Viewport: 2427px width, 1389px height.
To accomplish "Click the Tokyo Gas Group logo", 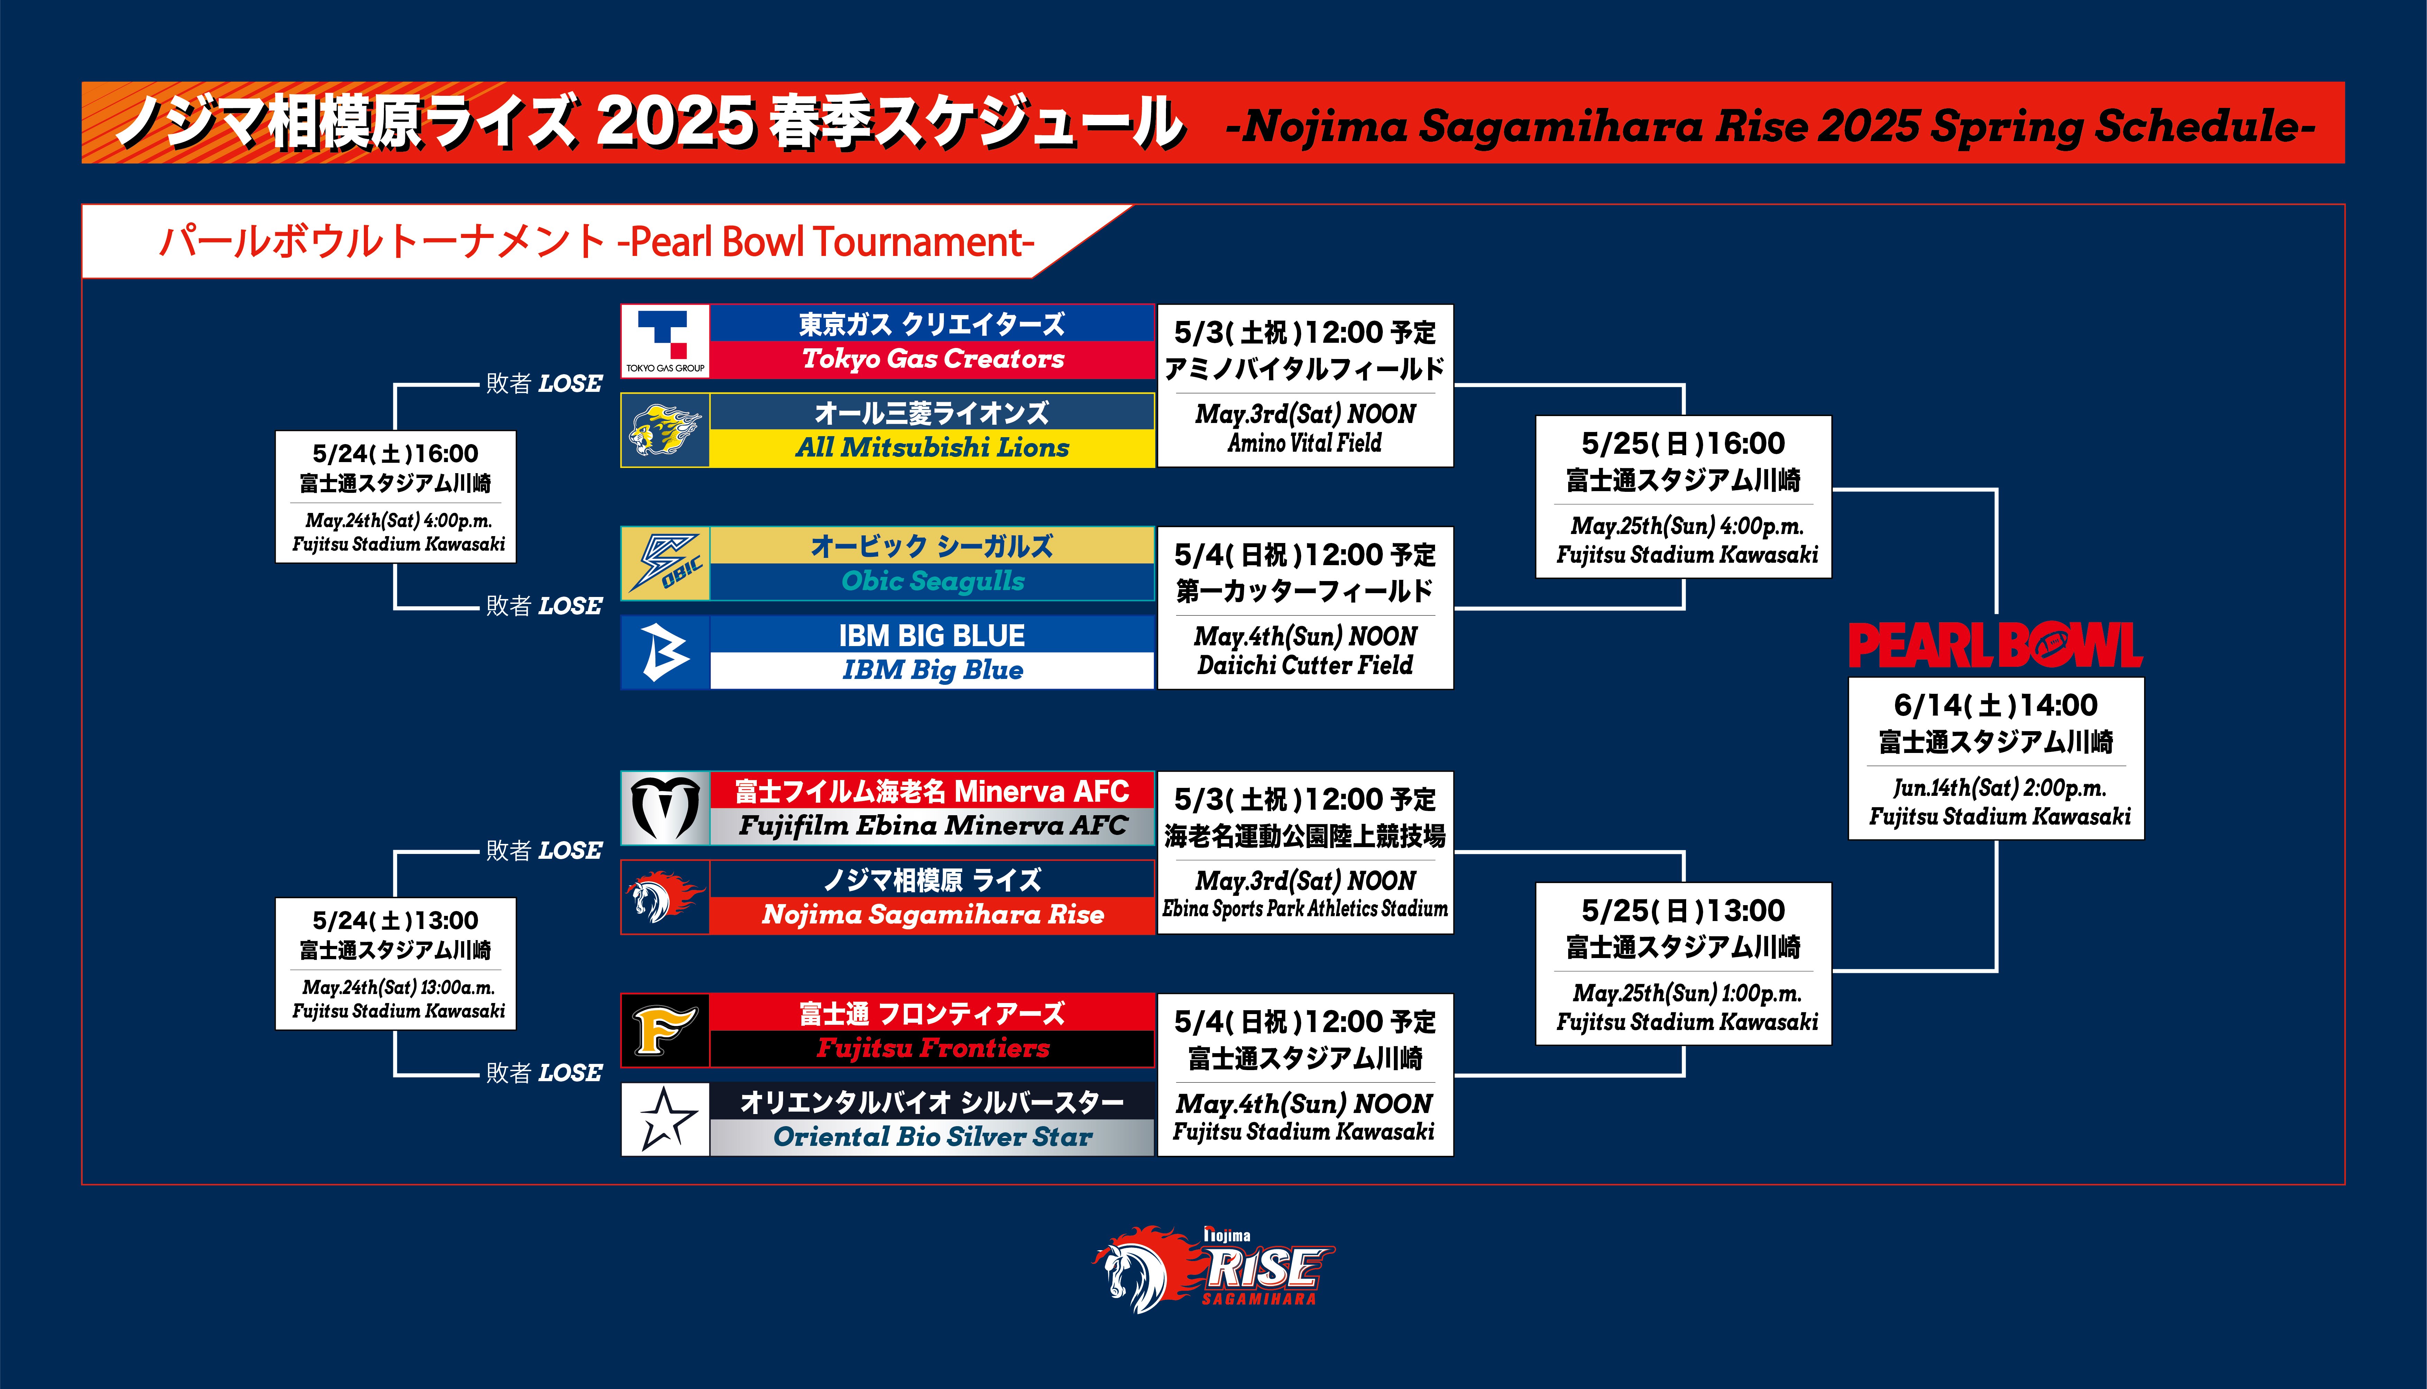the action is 665,341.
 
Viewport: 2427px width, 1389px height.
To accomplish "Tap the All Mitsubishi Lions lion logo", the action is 665,430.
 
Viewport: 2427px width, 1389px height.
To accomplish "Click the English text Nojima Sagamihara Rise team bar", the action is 933,915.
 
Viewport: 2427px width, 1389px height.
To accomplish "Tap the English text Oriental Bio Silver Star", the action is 933,1137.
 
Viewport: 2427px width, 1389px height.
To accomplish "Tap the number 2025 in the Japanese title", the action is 677,123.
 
